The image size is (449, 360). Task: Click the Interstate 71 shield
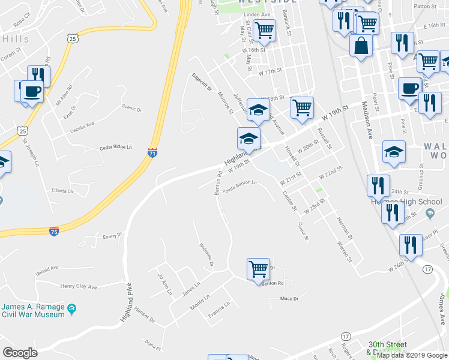(152, 154)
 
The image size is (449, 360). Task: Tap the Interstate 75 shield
(53, 232)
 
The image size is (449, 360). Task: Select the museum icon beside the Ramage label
(72, 309)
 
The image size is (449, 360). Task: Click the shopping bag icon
(361, 46)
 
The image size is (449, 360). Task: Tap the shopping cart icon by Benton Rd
(258, 268)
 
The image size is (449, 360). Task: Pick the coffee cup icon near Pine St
(411, 88)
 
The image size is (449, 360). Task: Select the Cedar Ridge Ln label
(115, 147)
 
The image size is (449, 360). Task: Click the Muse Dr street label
(289, 298)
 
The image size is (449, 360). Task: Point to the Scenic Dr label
(131, 109)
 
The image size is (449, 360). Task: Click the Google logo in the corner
(20, 353)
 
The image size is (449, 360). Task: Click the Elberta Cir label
(62, 191)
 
